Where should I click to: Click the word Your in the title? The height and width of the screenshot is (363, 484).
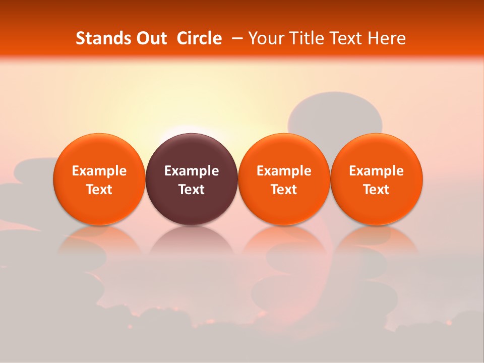pos(265,38)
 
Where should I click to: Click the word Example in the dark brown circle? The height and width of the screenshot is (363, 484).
pos(192,171)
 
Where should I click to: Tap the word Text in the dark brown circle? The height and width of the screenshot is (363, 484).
pos(192,190)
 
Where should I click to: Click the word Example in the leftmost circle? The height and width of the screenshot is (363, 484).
pos(99,171)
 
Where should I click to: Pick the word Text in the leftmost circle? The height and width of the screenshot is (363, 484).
pos(99,190)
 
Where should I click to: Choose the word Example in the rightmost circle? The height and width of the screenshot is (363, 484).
pos(376,171)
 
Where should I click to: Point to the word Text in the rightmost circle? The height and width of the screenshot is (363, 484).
pos(376,190)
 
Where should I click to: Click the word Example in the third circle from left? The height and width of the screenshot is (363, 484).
pos(284,171)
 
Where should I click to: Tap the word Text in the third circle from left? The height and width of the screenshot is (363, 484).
pos(284,190)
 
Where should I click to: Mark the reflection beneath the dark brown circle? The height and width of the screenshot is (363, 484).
pos(192,242)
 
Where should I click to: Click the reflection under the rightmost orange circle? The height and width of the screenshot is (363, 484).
pos(376,242)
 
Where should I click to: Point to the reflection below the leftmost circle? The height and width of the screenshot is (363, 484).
pos(99,242)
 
